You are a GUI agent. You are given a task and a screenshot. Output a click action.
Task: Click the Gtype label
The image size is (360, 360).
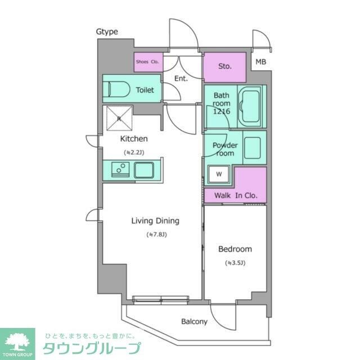click(x=106, y=31)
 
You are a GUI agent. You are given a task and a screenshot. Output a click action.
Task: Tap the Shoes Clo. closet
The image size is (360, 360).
click(x=148, y=62)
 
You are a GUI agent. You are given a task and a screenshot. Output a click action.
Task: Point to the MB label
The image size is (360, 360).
click(x=261, y=62)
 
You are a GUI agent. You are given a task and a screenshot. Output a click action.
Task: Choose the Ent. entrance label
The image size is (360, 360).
click(x=181, y=79)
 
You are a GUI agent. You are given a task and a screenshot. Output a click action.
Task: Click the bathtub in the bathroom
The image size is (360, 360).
click(x=251, y=107)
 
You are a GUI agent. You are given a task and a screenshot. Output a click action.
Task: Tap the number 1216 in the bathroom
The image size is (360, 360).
click(x=221, y=111)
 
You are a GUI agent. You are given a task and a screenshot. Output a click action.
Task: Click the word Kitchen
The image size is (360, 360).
click(x=134, y=138)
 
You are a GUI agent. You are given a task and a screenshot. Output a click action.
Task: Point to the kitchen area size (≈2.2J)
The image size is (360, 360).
click(x=134, y=152)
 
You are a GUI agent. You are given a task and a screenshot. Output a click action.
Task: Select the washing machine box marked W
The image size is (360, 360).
click(x=219, y=175)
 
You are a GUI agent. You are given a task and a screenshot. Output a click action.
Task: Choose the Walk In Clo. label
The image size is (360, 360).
click(x=236, y=196)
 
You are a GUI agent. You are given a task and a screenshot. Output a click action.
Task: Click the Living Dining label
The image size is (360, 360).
click(x=155, y=220)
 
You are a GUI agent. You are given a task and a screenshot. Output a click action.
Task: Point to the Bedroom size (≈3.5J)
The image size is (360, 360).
click(x=235, y=263)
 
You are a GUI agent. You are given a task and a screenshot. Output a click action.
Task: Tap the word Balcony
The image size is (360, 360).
click(x=194, y=322)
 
